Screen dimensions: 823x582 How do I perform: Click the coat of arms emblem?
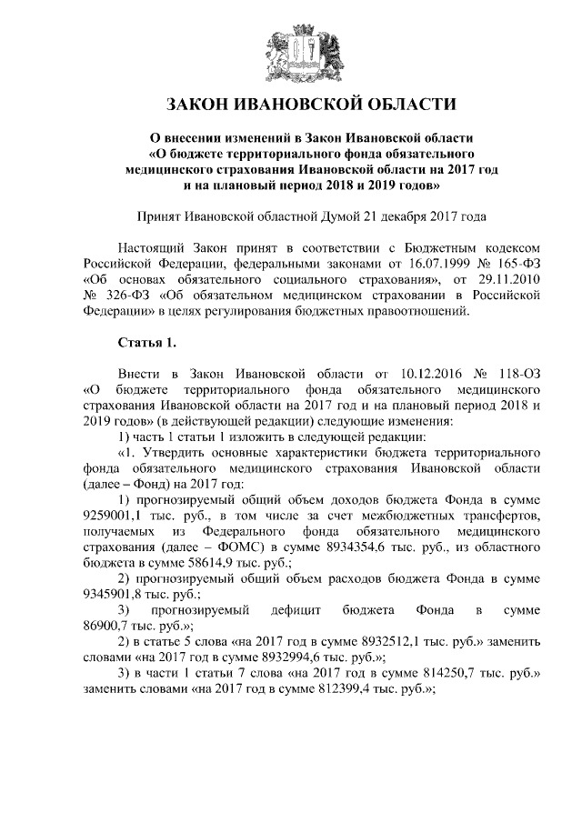click(291, 51)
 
